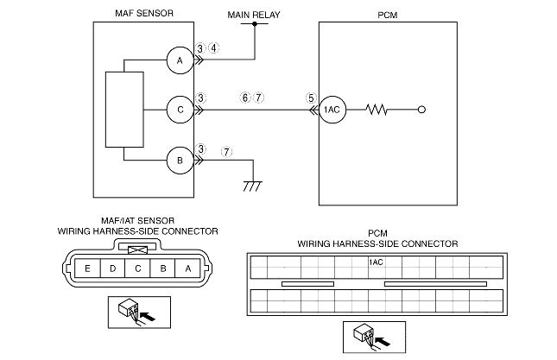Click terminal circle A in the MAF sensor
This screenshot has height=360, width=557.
(180, 60)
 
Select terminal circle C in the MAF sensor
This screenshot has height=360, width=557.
(180, 111)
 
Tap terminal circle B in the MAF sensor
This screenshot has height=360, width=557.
(180, 160)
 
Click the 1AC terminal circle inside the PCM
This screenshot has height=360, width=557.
(333, 111)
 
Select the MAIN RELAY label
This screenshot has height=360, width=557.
(253, 15)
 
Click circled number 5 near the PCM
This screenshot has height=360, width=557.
(311, 98)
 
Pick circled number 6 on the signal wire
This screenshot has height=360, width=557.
(246, 98)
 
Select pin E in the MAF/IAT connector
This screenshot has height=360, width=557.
(88, 268)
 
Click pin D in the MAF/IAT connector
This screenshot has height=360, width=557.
(113, 268)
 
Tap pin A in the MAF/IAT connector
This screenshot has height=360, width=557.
(189, 268)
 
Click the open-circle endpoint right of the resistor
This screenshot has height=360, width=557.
(421, 111)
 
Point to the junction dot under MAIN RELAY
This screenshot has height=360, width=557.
(254, 24)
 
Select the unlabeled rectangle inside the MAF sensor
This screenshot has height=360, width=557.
(123, 111)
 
